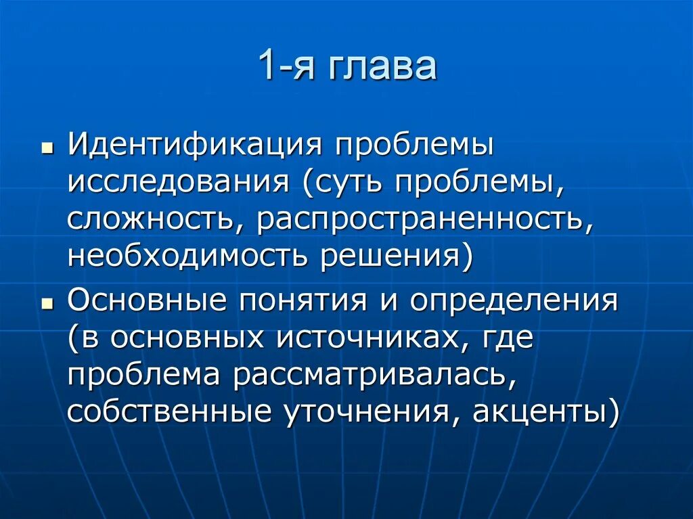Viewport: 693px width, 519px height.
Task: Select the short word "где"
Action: point(507,338)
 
